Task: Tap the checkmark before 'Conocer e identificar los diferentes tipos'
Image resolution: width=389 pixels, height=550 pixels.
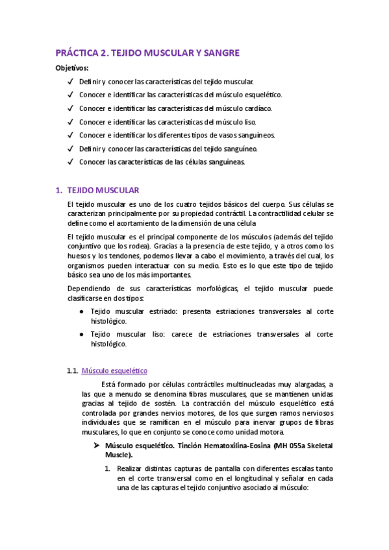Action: [x=69, y=135]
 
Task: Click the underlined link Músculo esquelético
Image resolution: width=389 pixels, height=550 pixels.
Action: [x=114, y=370]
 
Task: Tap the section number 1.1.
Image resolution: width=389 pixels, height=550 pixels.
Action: [x=73, y=370]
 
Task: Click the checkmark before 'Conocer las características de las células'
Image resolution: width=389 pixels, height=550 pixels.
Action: [x=69, y=161]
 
